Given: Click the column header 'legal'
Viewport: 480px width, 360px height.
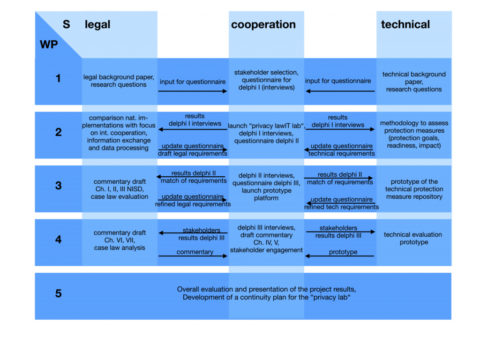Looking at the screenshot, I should (x=97, y=25).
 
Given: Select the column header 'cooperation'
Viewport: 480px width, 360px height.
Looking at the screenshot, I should (x=263, y=25).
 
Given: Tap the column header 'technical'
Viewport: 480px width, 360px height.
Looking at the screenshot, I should (x=405, y=25).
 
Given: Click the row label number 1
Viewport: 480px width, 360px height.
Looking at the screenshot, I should (x=58, y=79).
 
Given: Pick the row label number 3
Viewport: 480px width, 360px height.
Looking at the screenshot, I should (x=58, y=186).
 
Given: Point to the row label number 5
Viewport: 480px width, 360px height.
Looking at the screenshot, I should (x=58, y=294).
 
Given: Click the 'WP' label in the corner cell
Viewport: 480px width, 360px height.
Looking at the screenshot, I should (x=48, y=45).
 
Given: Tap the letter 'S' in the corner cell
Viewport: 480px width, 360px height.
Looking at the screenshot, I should (x=66, y=24).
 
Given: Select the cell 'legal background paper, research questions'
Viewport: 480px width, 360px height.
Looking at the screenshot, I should (x=119, y=81).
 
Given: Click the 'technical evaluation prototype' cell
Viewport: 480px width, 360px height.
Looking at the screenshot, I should (x=412, y=239).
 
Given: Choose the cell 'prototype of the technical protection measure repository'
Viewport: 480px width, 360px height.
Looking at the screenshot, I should (x=414, y=189).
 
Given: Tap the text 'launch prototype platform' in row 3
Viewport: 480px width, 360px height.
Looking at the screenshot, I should (x=266, y=195).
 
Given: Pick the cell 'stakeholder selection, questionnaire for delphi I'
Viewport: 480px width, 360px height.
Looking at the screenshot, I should (x=266, y=80).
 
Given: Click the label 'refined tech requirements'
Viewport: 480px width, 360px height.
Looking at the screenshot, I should (x=341, y=207).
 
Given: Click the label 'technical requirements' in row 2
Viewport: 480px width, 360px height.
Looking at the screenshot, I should (x=341, y=154).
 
